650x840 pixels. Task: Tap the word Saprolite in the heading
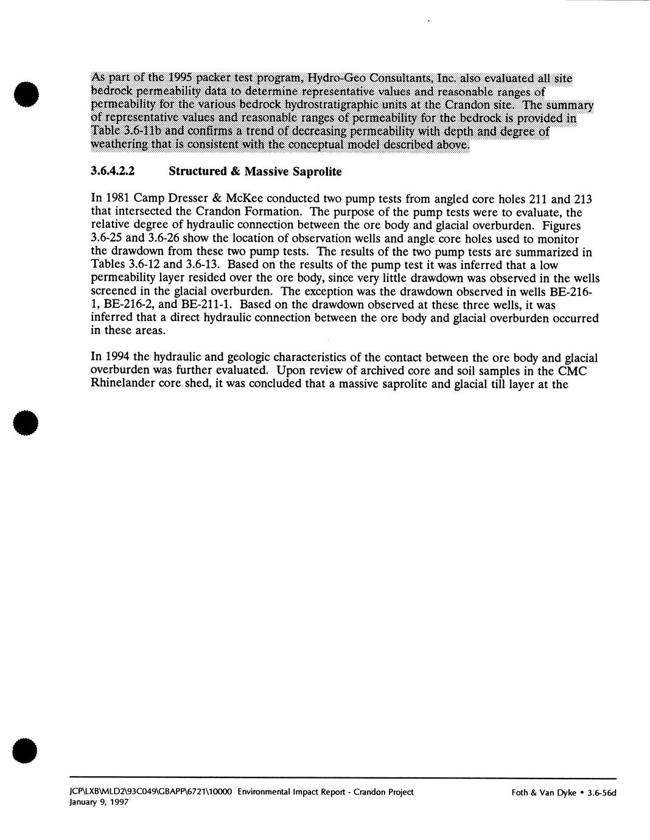coord(316,172)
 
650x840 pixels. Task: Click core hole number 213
coord(583,199)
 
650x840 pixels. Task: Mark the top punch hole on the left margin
coord(26,93)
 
